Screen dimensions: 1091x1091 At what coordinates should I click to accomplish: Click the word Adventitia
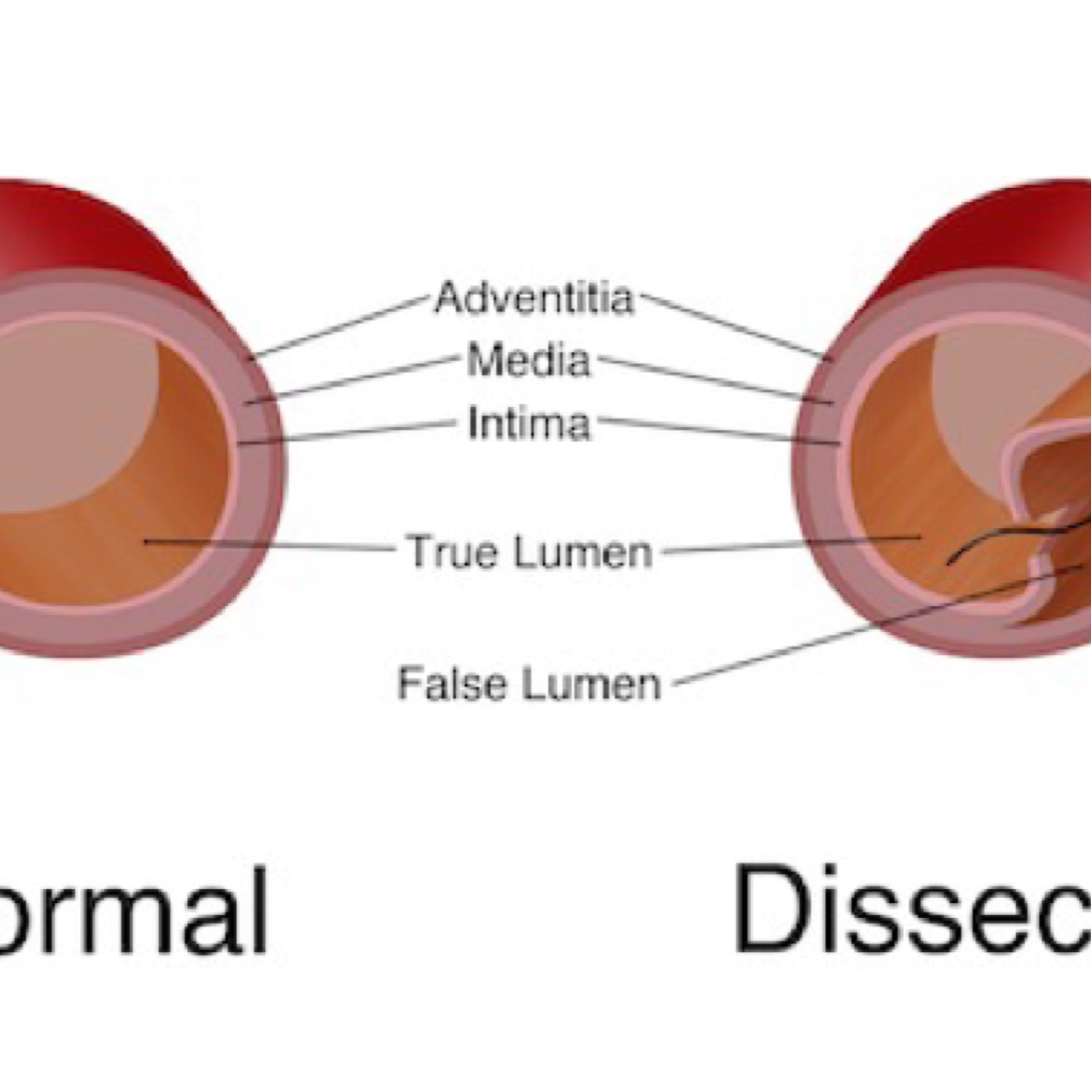[x=535, y=298]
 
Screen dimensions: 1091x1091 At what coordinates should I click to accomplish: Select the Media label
[x=529, y=362]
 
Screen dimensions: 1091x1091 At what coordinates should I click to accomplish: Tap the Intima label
[x=529, y=425]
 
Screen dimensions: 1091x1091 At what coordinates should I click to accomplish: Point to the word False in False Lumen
[x=453, y=683]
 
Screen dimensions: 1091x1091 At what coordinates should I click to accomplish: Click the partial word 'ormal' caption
[x=132, y=912]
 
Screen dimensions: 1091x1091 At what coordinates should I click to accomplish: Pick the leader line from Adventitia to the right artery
[x=733, y=327]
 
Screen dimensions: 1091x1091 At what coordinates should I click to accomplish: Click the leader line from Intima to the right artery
[x=717, y=432]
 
